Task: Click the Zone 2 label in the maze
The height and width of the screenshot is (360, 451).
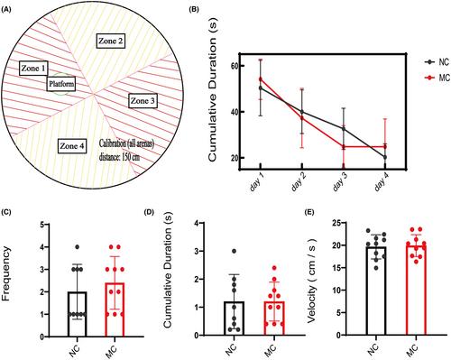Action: coord(111,42)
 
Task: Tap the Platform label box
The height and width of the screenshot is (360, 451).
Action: coord(61,84)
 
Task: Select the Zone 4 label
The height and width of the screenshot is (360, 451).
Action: coord(72,146)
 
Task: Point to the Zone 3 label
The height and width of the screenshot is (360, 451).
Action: coord(143,101)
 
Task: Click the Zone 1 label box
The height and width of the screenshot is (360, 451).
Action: coord(34,69)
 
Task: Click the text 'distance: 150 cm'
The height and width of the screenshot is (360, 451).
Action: coord(119,157)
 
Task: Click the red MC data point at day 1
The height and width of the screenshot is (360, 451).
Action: coord(261,79)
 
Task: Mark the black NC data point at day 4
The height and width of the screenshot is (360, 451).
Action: coord(385,157)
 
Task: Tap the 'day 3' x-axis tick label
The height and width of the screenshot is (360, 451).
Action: coord(339,183)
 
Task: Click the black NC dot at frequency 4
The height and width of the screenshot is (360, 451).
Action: coord(77,247)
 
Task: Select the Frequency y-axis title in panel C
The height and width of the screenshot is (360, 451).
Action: coord(6,273)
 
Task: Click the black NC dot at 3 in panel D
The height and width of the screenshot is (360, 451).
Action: coord(234,251)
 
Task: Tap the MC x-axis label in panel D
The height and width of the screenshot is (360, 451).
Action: coord(271,349)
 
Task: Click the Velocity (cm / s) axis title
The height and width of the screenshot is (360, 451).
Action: coord(312,281)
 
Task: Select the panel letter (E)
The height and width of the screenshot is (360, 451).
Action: coord(309,212)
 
